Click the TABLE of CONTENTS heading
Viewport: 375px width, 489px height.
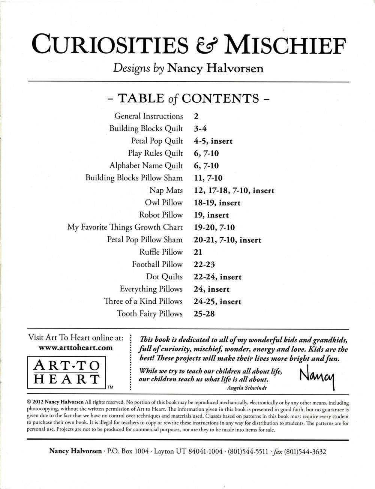[x=188, y=98]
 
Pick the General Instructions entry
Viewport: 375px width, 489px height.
[x=148, y=116]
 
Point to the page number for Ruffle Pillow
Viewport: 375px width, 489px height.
[x=198, y=252]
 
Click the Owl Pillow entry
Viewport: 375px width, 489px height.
[x=164, y=203]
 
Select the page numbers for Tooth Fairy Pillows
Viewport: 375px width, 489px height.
[x=204, y=314]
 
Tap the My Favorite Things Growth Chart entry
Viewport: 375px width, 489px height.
[x=125, y=227]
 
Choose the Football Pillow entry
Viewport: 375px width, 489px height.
[x=157, y=264]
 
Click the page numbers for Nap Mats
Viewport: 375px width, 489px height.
[x=234, y=190]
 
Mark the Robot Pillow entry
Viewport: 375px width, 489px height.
[x=161, y=215]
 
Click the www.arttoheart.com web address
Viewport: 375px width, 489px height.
[x=76, y=348]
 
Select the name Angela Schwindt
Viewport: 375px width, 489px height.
[x=247, y=388]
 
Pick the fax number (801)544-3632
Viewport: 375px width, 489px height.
[x=305, y=451]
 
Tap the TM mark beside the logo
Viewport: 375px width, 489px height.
[x=110, y=387]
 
